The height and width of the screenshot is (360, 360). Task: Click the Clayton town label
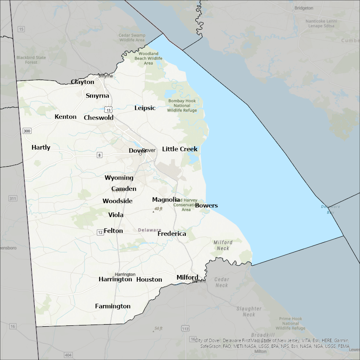(x=82, y=82)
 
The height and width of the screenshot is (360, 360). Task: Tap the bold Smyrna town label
(x=97, y=96)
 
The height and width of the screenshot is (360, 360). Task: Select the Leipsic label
(x=145, y=108)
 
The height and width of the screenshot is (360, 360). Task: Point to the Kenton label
(x=65, y=117)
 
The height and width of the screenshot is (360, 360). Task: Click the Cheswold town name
(x=99, y=117)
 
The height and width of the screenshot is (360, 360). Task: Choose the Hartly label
(x=41, y=147)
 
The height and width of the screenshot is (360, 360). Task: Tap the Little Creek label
(x=180, y=149)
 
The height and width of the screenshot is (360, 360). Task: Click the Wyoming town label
(x=119, y=178)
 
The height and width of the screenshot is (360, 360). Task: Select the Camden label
(x=124, y=189)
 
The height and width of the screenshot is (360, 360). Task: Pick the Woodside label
(x=117, y=201)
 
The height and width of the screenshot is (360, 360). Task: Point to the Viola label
(x=116, y=215)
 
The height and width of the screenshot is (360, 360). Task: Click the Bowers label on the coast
(x=206, y=205)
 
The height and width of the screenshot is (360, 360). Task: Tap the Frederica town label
(x=172, y=234)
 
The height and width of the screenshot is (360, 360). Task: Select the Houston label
(x=149, y=280)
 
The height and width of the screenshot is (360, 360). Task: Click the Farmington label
(x=112, y=306)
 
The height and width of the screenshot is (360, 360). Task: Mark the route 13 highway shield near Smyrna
(x=109, y=110)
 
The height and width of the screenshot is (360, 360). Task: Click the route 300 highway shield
(x=27, y=131)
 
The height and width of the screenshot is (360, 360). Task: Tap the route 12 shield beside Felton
(x=100, y=232)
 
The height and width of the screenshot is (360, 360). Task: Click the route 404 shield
(x=68, y=355)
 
